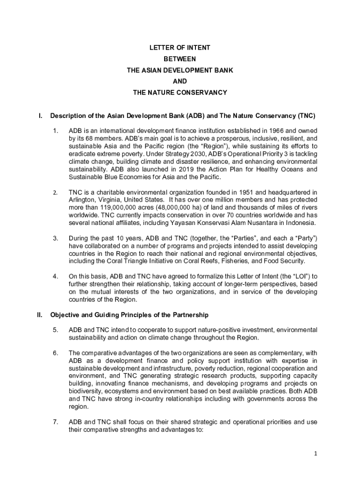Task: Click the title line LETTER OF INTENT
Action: (x=180, y=48)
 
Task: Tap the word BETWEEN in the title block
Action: (x=180, y=59)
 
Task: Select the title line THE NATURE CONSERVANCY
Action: (x=180, y=93)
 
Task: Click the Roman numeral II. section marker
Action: (x=40, y=315)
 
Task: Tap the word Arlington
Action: (x=82, y=199)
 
